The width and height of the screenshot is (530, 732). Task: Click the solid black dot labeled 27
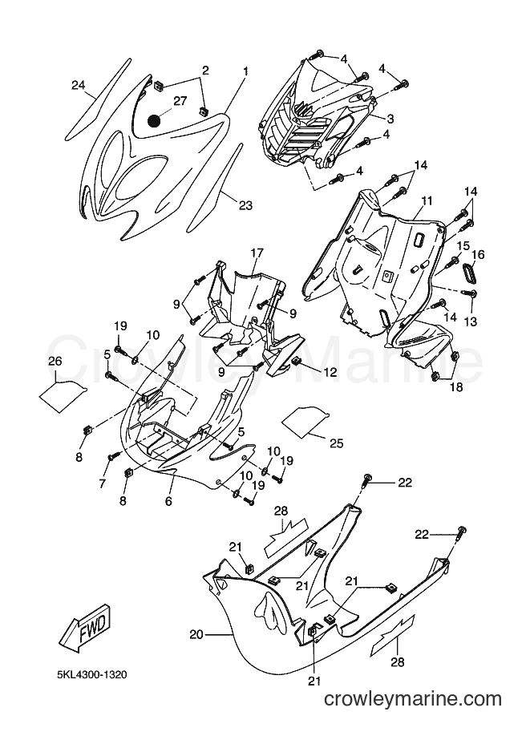pos(154,121)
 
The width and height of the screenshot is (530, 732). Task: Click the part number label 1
pos(245,71)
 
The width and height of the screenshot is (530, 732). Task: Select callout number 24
pos(79,85)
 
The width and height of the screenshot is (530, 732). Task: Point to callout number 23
pos(245,204)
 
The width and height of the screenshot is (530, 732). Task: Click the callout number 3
pos(390,119)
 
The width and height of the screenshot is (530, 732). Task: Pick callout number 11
pos(427,201)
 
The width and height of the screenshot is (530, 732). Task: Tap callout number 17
pos(257,253)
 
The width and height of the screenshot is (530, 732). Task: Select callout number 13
pos(471,322)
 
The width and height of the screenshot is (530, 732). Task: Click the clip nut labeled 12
pos(296,361)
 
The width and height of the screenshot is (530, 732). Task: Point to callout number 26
pos(55,362)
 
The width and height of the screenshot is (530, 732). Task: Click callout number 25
pos(336,443)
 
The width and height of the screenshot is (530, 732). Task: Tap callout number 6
pos(168,501)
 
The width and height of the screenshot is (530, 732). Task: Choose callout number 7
pos(103,483)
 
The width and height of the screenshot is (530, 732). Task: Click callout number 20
pos(196,634)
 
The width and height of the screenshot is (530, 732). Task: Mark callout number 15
pos(463,245)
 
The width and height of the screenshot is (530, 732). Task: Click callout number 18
pos(456,386)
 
